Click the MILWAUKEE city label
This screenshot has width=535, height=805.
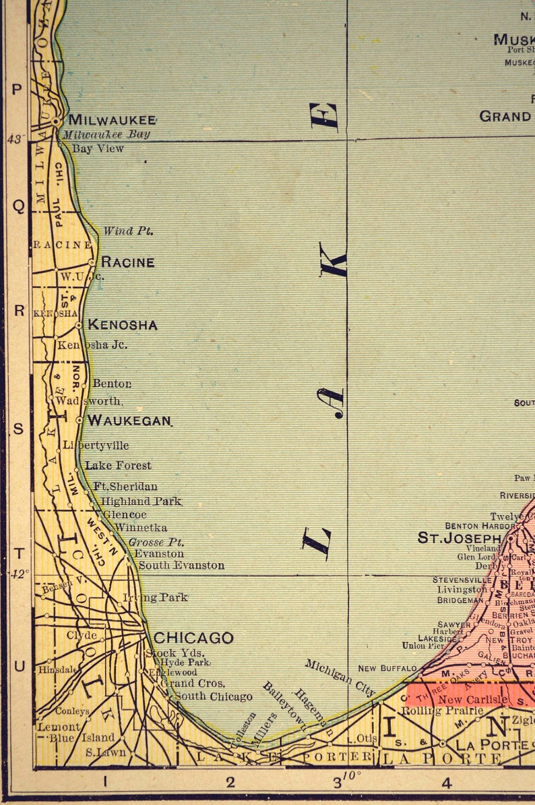[x=112, y=120]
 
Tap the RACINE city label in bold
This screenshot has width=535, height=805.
[x=127, y=262]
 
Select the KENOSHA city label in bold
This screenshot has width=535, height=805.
[x=123, y=325]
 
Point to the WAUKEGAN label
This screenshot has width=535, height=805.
[x=129, y=421]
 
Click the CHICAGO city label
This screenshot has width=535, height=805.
[x=193, y=638]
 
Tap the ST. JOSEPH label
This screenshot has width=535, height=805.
[x=460, y=538]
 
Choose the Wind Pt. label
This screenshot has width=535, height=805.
[x=128, y=231]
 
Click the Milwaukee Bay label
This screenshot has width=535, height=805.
[x=106, y=134]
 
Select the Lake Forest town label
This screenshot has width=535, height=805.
[x=118, y=465]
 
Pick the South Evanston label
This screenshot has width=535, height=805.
[x=181, y=566]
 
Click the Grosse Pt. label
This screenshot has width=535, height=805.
[x=156, y=542]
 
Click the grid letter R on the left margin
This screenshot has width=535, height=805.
[x=19, y=311]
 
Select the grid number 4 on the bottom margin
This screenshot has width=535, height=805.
[x=446, y=783]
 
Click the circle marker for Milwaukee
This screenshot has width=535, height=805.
[x=57, y=121]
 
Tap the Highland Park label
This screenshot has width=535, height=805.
[x=141, y=502]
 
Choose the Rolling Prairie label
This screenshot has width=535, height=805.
[x=443, y=711]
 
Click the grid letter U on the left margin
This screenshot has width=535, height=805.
[x=19, y=666]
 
